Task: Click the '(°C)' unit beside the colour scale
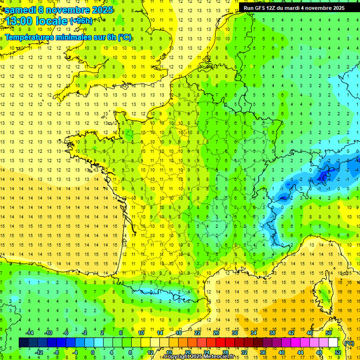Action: click(349, 343)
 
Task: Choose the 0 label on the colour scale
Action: click(93, 352)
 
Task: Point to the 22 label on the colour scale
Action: click(198, 333)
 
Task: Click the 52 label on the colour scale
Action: click(338, 352)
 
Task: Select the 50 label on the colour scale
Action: click(329, 333)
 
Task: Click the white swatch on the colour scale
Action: click(333, 343)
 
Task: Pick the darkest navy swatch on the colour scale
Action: click(24, 343)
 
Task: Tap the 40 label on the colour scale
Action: click(281, 352)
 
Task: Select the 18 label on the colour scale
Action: click(179, 333)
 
